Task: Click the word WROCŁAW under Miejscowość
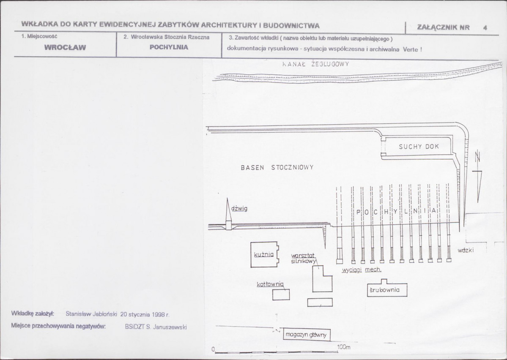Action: click(x=65, y=47)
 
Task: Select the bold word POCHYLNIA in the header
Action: click(x=169, y=47)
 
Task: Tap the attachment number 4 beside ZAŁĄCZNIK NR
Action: click(x=485, y=28)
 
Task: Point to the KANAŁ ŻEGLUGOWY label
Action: click(x=315, y=64)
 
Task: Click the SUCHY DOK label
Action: click(x=419, y=147)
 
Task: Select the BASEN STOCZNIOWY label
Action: click(x=277, y=167)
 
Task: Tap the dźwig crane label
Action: click(x=239, y=208)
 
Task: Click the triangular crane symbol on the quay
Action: click(x=228, y=214)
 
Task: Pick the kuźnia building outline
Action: click(x=251, y=255)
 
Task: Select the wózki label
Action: click(x=466, y=250)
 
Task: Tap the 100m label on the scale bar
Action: click(x=344, y=347)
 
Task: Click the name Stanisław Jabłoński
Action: click(x=91, y=314)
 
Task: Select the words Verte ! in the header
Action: click(x=412, y=49)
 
